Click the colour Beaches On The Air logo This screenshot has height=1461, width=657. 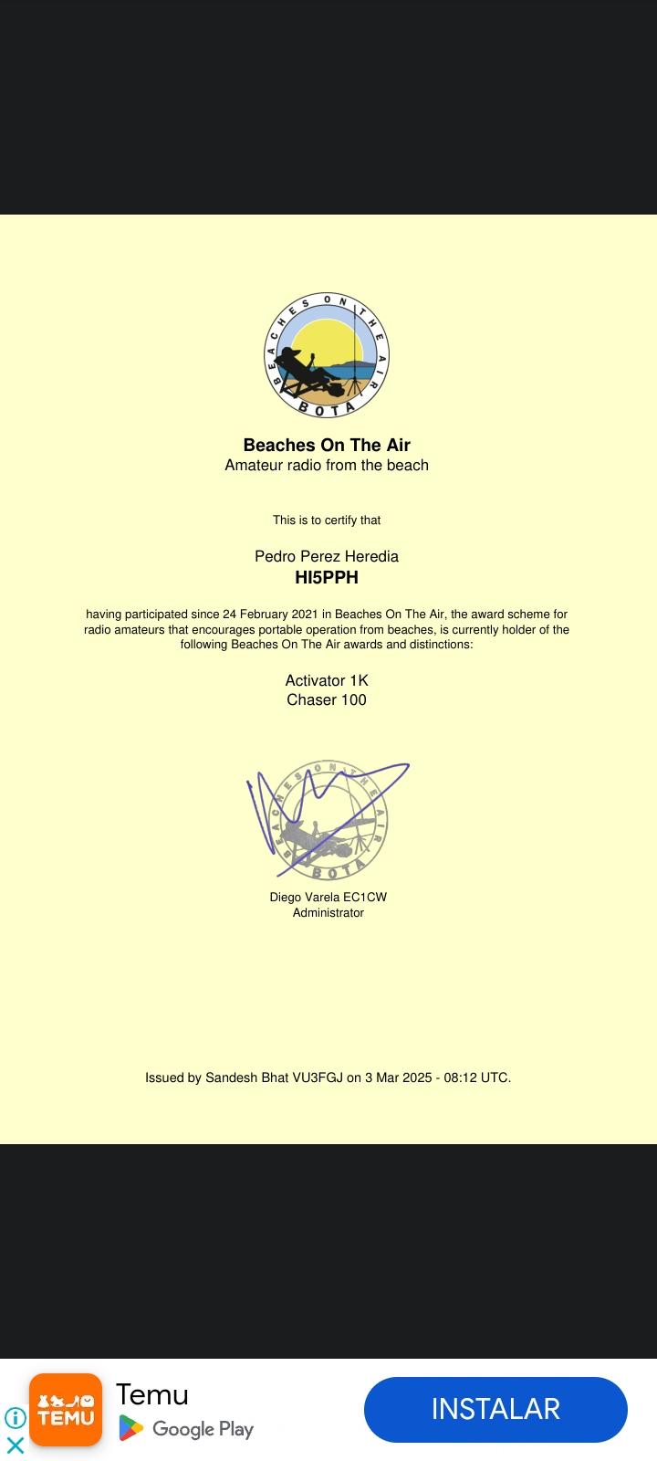point(328,356)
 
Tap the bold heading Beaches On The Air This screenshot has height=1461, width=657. point(327,445)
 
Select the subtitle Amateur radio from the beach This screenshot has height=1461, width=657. point(327,465)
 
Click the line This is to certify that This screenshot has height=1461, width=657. point(327,520)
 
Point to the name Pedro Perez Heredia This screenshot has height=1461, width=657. point(327,556)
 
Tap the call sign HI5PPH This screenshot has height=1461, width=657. point(327,577)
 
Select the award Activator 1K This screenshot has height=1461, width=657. point(327,680)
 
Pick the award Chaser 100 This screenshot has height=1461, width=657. point(327,699)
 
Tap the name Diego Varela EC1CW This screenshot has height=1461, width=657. point(328,897)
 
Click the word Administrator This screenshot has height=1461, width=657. point(328,912)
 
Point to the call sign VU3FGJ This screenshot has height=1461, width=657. point(318,1077)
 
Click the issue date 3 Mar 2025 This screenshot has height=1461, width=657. point(398,1077)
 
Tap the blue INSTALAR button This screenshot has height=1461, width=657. point(495,1409)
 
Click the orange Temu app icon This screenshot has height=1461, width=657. point(66,1410)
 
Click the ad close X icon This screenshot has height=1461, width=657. point(16,1445)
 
